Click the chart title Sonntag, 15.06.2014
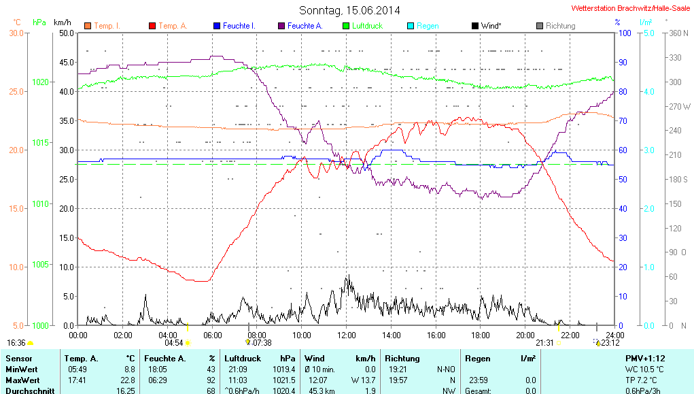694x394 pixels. coord(349,10)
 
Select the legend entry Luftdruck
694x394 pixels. coord(366,26)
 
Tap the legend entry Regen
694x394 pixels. coord(427,26)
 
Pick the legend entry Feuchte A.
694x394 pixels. coord(304,26)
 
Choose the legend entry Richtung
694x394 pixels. coord(560,26)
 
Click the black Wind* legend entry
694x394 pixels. coord(489,26)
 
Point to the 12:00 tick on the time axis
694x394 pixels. coord(347,335)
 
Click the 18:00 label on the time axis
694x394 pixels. coord(481,335)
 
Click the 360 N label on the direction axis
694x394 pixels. coord(679,33)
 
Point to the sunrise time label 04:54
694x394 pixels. coord(174,343)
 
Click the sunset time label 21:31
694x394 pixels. coord(544,343)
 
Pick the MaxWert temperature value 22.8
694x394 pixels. coord(128,380)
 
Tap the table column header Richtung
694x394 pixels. coord(402,358)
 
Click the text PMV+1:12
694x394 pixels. coord(645,358)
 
